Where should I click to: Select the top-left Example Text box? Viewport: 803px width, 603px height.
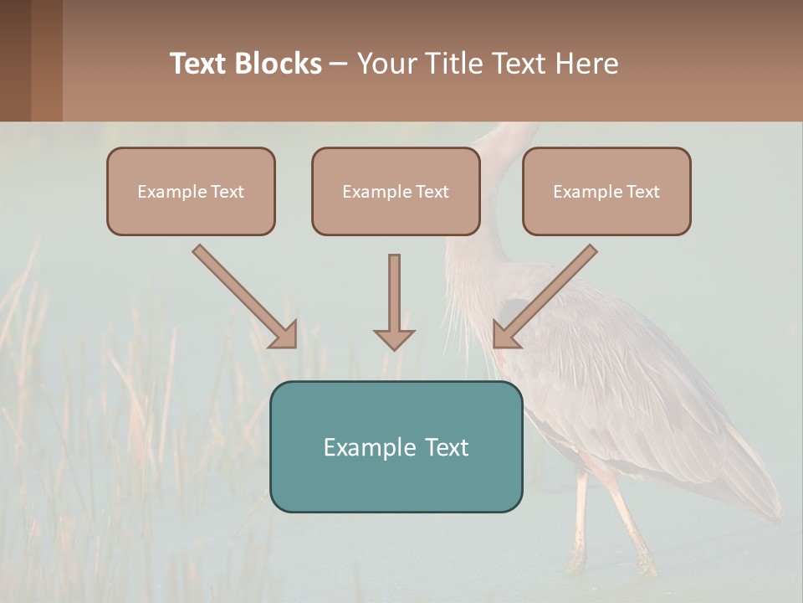191,191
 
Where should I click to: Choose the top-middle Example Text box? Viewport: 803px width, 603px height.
396,191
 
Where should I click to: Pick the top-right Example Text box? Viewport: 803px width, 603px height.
606,191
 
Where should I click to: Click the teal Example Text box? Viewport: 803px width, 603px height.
396,446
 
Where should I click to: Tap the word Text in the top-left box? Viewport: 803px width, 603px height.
228,192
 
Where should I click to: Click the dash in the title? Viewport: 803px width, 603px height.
339,64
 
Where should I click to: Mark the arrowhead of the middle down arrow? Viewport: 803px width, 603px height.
394,338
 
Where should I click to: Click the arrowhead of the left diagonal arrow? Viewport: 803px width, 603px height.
284,334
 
